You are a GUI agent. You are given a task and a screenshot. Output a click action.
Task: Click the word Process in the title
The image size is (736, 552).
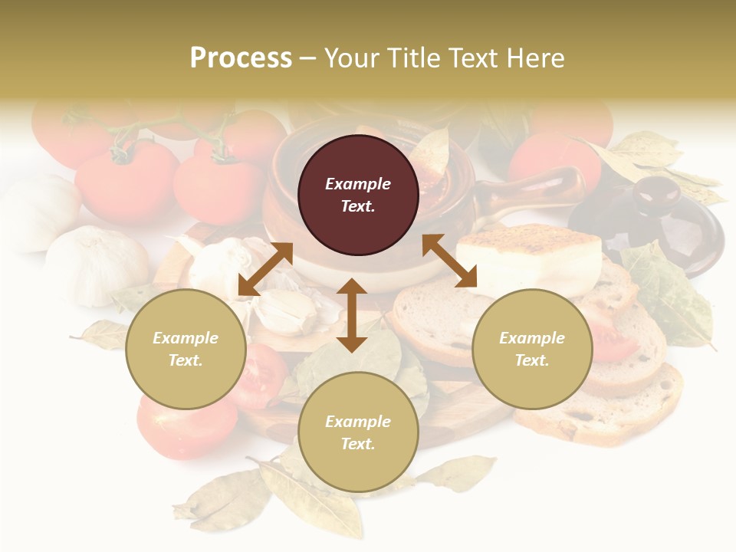[x=241, y=58]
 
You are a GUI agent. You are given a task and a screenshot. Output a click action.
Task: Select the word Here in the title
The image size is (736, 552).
[x=534, y=58]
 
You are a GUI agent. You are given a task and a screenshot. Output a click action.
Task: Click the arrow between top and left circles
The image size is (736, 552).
[x=265, y=269]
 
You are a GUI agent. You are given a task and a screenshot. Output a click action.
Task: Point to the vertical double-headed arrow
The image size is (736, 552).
[x=352, y=315]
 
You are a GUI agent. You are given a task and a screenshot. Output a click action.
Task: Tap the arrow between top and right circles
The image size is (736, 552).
[x=449, y=261]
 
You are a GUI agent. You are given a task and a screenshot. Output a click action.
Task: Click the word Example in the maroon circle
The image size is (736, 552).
[x=358, y=184]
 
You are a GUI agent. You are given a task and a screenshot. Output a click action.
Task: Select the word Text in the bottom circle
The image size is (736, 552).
[x=357, y=444]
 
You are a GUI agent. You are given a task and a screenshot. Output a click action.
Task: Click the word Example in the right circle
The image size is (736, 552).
[x=532, y=338]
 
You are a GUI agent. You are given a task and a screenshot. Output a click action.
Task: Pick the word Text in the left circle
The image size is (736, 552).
[x=186, y=360]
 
